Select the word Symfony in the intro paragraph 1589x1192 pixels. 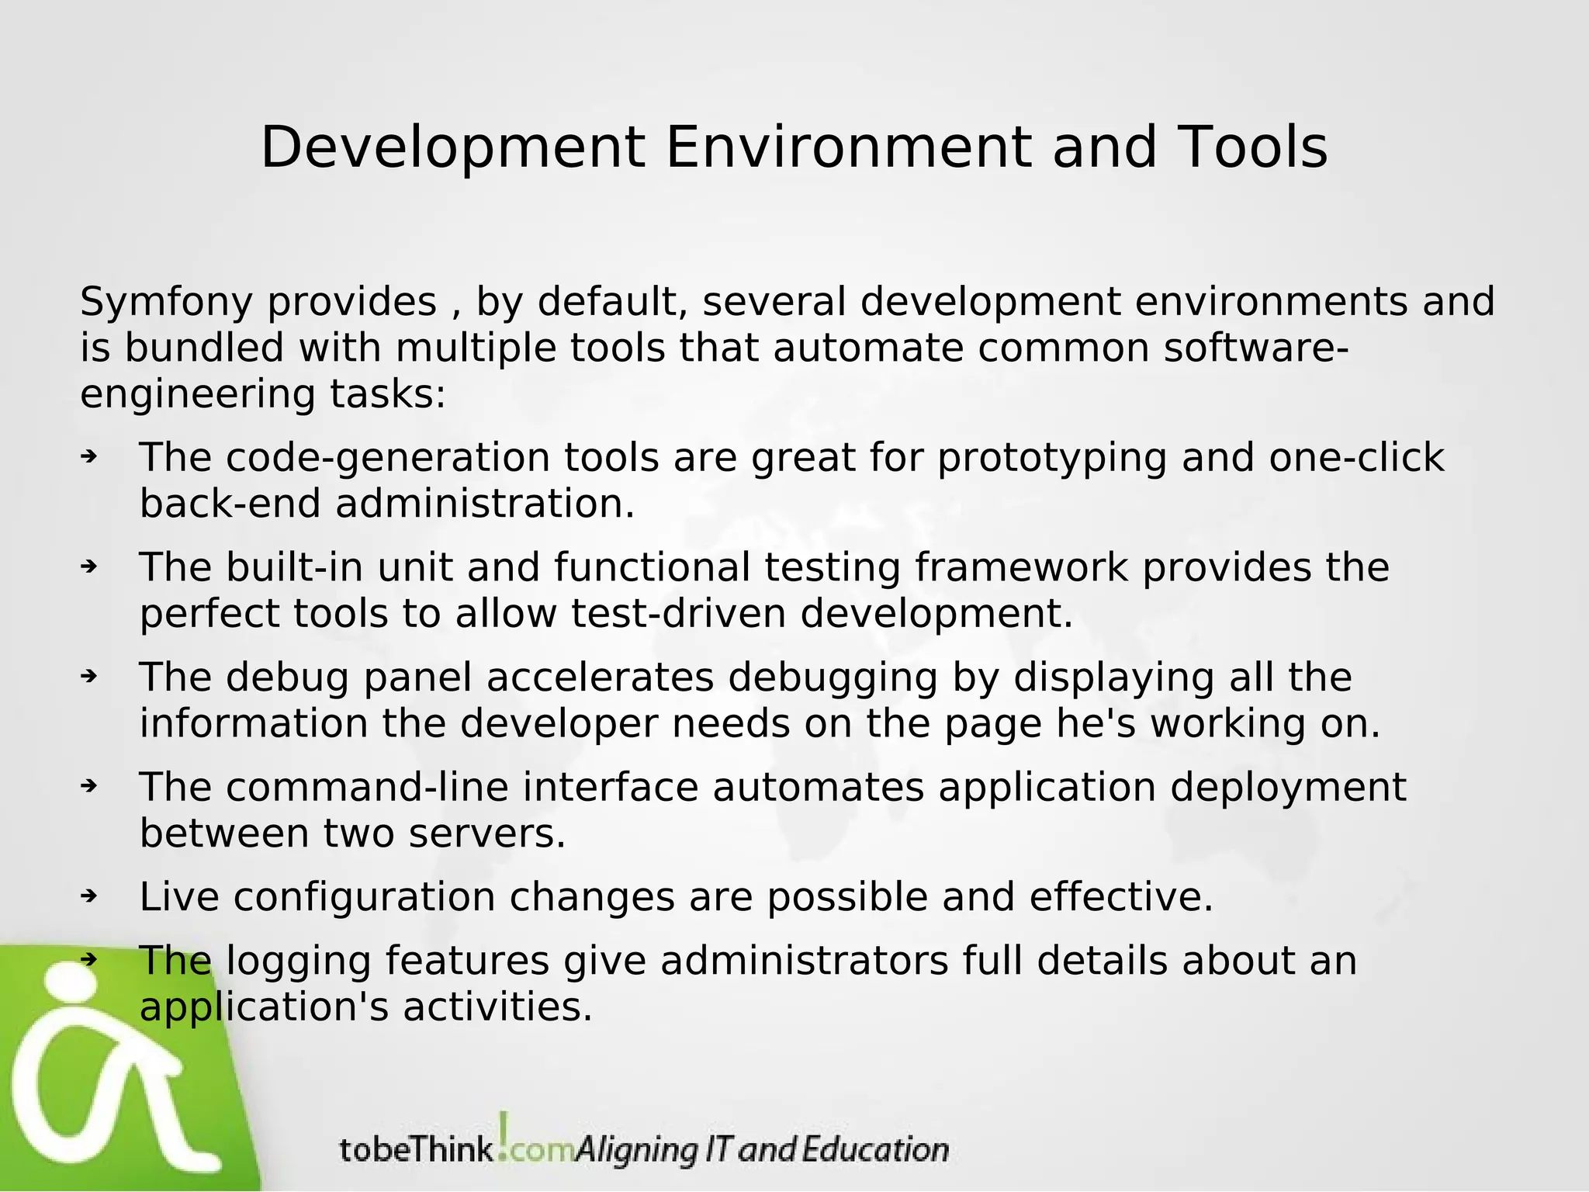pos(166,303)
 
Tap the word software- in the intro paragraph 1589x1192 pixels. pos(1256,348)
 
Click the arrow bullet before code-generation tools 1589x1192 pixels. pos(88,456)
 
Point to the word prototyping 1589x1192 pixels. pos(1051,459)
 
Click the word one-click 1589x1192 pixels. pos(1355,458)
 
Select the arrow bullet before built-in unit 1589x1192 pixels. pos(88,567)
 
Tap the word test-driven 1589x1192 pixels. pos(679,614)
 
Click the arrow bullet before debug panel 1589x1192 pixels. pos(88,677)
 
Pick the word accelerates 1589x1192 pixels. pos(600,677)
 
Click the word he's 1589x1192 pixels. pos(1096,724)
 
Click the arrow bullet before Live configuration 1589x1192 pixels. pos(88,896)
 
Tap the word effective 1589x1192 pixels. pos(1120,897)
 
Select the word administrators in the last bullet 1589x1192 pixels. pos(805,961)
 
